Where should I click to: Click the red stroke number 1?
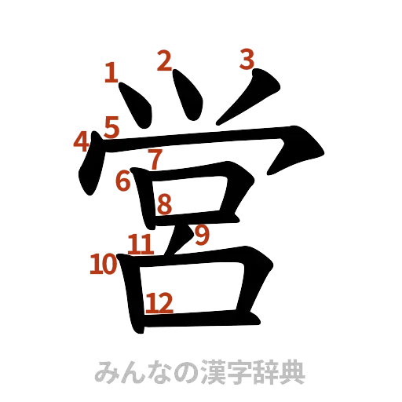(110, 74)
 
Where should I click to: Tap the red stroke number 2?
(163, 60)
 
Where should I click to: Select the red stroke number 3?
(247, 59)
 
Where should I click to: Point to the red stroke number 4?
(80, 141)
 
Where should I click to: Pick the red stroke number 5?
(111, 125)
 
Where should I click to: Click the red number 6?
(122, 181)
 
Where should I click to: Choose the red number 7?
(155, 158)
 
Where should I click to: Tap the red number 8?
(164, 205)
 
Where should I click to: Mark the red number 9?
(202, 234)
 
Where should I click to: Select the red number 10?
(102, 265)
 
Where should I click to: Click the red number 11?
(141, 243)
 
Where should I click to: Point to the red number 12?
(159, 301)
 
